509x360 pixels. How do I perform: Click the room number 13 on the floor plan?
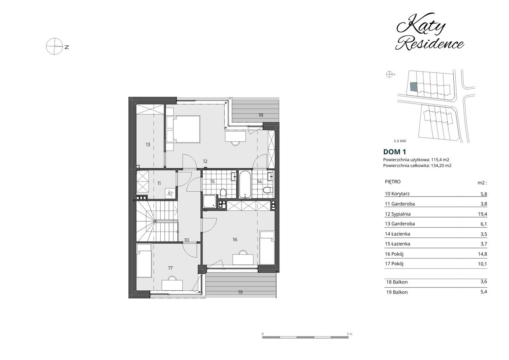coord(148,144)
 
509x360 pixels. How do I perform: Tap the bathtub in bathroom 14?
coord(245,185)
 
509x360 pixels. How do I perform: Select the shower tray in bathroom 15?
coord(209,202)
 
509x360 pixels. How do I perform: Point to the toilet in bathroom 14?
coord(268,189)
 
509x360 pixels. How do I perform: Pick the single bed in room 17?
coord(144,261)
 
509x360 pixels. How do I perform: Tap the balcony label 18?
coord(260,115)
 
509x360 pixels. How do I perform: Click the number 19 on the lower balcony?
coord(241,292)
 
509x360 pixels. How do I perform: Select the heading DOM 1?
coord(394,152)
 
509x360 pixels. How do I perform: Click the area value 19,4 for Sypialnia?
coord(482,214)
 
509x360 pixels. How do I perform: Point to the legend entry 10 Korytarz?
coord(397,194)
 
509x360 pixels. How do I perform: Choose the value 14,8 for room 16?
coord(482,254)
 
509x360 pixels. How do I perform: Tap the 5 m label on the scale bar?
coord(350,334)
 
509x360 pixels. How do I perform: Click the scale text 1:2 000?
coord(400,141)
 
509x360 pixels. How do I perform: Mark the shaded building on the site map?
coord(414,87)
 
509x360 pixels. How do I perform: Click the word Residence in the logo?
coord(429,44)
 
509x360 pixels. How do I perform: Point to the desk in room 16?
coord(243,259)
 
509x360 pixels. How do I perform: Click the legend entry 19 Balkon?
coord(397,292)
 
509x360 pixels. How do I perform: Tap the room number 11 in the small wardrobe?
coord(159,183)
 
